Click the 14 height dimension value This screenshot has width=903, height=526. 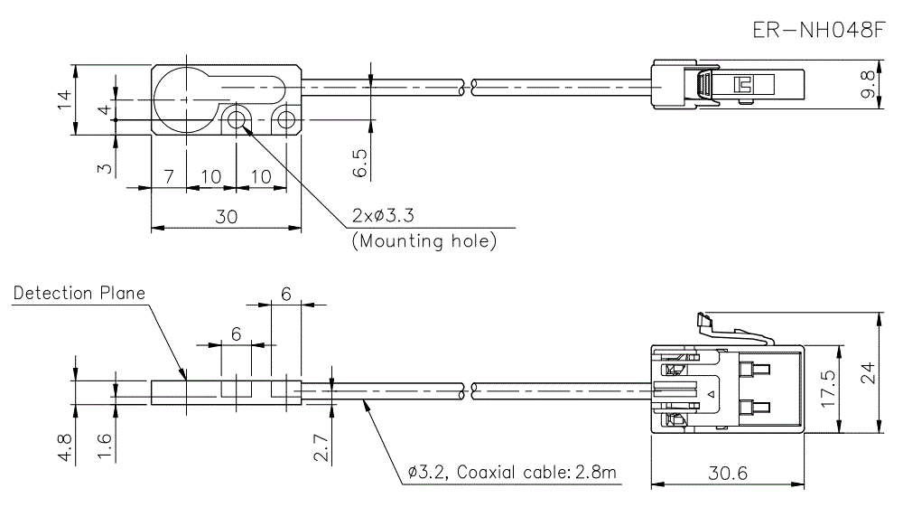pos(63,100)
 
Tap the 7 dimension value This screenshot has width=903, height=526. pos(168,175)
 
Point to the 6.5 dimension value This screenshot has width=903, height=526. pos(359,163)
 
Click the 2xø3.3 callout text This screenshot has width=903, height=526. pos(388,217)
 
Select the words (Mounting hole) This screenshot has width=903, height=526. pos(424,242)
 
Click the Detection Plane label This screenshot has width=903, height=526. pos(79,294)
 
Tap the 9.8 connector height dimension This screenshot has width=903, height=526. pos(868,83)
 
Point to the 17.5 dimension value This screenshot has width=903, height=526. pos(827,389)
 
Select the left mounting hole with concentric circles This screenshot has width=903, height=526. pos(237,120)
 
